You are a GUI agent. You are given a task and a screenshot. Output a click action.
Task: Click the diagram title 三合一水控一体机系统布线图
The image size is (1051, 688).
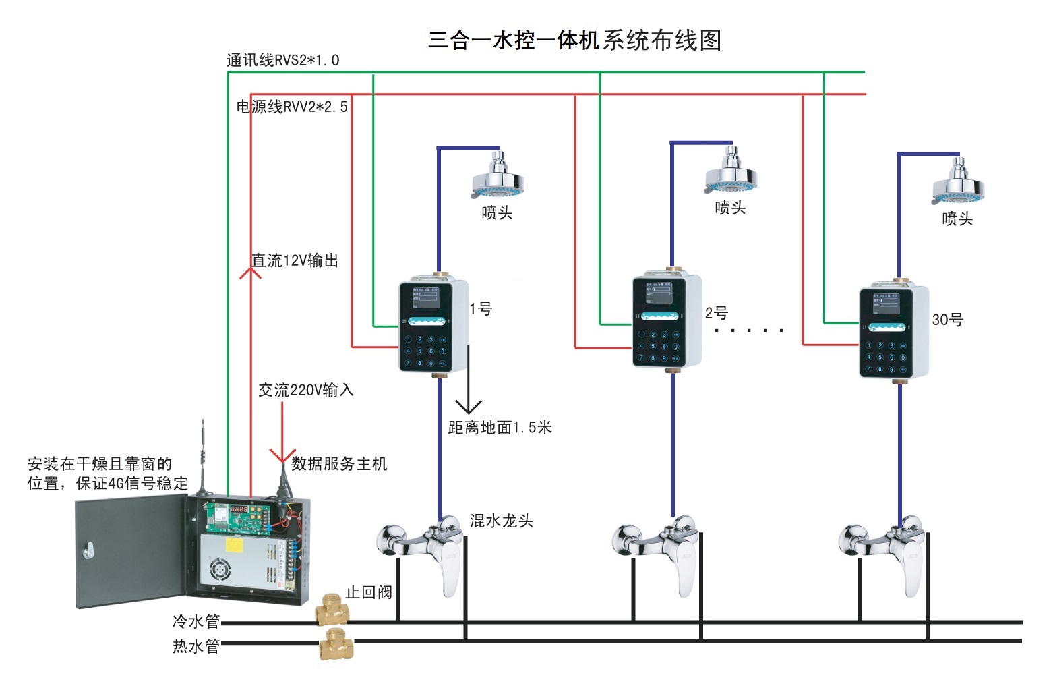click(x=574, y=40)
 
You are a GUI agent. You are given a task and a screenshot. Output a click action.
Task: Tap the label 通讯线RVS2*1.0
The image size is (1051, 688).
click(x=282, y=61)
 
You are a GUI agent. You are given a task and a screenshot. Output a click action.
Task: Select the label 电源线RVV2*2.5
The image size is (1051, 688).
click(x=292, y=107)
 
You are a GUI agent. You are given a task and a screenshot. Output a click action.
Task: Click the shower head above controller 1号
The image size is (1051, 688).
click(x=498, y=177)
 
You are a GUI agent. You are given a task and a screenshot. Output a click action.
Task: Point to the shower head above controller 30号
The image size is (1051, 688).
click(x=958, y=183)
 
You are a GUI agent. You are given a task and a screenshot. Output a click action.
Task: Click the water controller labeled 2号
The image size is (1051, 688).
click(x=666, y=321)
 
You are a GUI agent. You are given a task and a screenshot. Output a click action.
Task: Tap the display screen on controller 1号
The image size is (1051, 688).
click(x=425, y=297)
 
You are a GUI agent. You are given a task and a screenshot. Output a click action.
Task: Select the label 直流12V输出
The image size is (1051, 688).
click(x=295, y=261)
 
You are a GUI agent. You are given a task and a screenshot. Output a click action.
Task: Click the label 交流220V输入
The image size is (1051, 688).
click(x=306, y=390)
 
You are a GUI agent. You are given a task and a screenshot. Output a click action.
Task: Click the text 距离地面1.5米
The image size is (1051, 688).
click(x=500, y=428)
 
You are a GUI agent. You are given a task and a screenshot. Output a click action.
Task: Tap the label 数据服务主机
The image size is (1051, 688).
click(x=338, y=464)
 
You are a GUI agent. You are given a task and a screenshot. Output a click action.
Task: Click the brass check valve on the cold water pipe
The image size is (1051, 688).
click(x=332, y=609)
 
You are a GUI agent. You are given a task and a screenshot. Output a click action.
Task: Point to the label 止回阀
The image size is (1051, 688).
click(x=368, y=592)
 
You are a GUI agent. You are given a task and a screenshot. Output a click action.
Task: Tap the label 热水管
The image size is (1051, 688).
click(x=196, y=646)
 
